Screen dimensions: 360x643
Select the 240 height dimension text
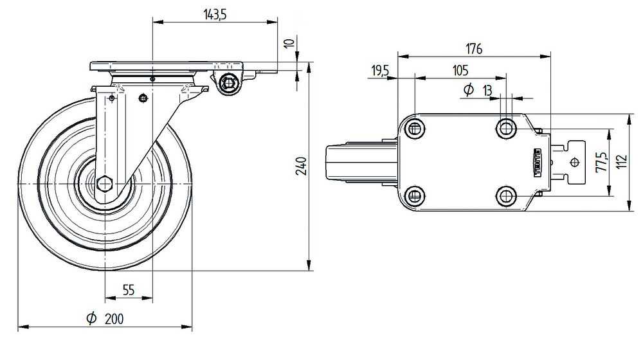303,166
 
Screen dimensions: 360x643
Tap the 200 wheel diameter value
113,318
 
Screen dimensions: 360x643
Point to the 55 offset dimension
128,291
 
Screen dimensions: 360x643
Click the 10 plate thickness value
289,44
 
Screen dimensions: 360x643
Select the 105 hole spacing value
460,71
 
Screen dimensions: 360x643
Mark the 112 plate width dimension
620,163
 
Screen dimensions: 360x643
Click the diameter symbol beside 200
91,318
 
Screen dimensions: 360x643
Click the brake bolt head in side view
229,83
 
